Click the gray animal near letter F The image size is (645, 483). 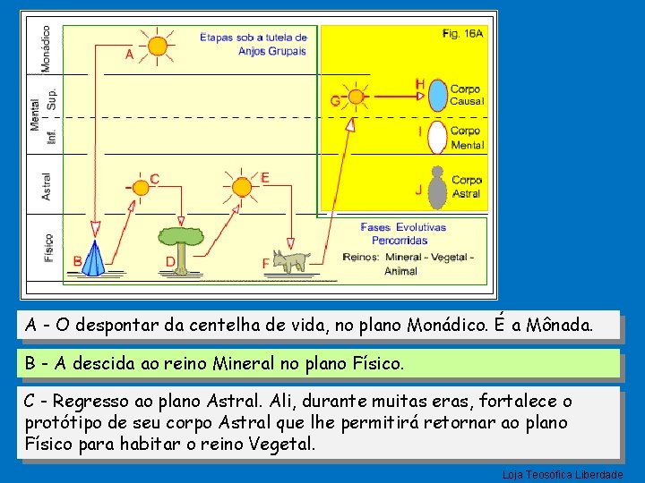point(291,260)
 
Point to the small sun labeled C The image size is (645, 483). point(141,188)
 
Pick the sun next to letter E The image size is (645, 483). point(242,187)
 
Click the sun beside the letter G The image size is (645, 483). point(357,97)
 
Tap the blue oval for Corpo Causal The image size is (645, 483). point(438,95)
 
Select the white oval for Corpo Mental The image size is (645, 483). point(437,137)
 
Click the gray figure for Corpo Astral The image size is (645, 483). point(437,187)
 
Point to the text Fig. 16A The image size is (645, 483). point(463,33)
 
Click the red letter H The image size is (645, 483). point(419,84)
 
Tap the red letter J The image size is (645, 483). point(418,190)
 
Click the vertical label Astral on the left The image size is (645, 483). point(47,186)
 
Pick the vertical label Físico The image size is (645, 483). point(48,247)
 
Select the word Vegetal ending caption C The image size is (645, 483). point(281,445)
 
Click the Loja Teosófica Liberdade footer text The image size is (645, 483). point(563,474)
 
